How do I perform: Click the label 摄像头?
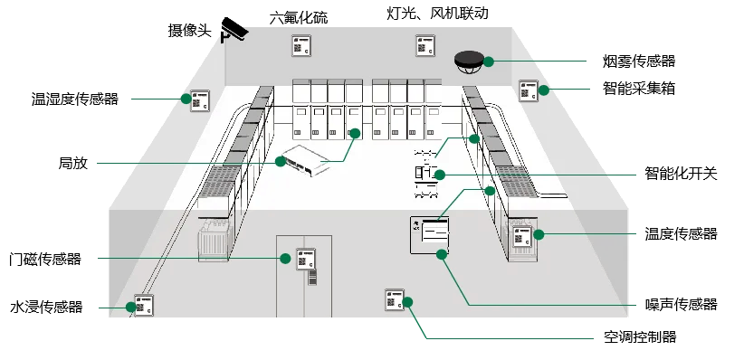189,31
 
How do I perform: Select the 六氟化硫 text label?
299,17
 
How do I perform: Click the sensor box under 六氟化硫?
301,46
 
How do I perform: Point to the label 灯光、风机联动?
437,13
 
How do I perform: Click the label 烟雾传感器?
639,61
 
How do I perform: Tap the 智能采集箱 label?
639,89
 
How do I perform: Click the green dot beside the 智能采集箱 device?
544,90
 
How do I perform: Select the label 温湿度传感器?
74,99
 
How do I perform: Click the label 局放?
73,163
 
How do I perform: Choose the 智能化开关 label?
681,173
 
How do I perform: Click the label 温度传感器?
681,233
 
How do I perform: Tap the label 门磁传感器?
45,259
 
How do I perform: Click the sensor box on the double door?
306,259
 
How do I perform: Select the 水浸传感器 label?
46,307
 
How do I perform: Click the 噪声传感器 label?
681,304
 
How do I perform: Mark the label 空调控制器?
640,336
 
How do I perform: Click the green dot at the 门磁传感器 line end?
285,259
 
